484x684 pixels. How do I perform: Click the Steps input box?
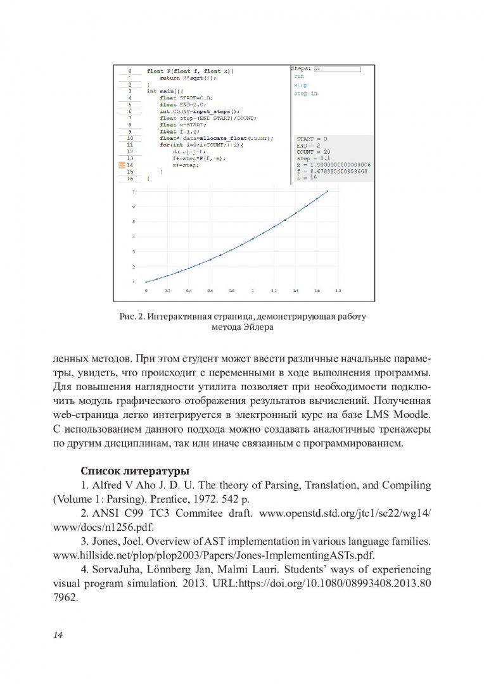[337, 68]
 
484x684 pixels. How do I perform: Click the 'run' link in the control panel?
[299, 76]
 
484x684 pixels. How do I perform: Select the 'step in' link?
[305, 94]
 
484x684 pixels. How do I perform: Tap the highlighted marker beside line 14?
[122, 165]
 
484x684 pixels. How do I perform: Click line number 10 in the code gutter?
[129, 138]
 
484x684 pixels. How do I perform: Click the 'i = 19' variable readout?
[307, 179]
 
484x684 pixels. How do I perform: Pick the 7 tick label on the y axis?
[133, 191]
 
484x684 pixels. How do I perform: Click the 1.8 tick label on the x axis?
[338, 291]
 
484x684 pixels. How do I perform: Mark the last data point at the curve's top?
[328, 191]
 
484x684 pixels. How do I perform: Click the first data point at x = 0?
[146, 282]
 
